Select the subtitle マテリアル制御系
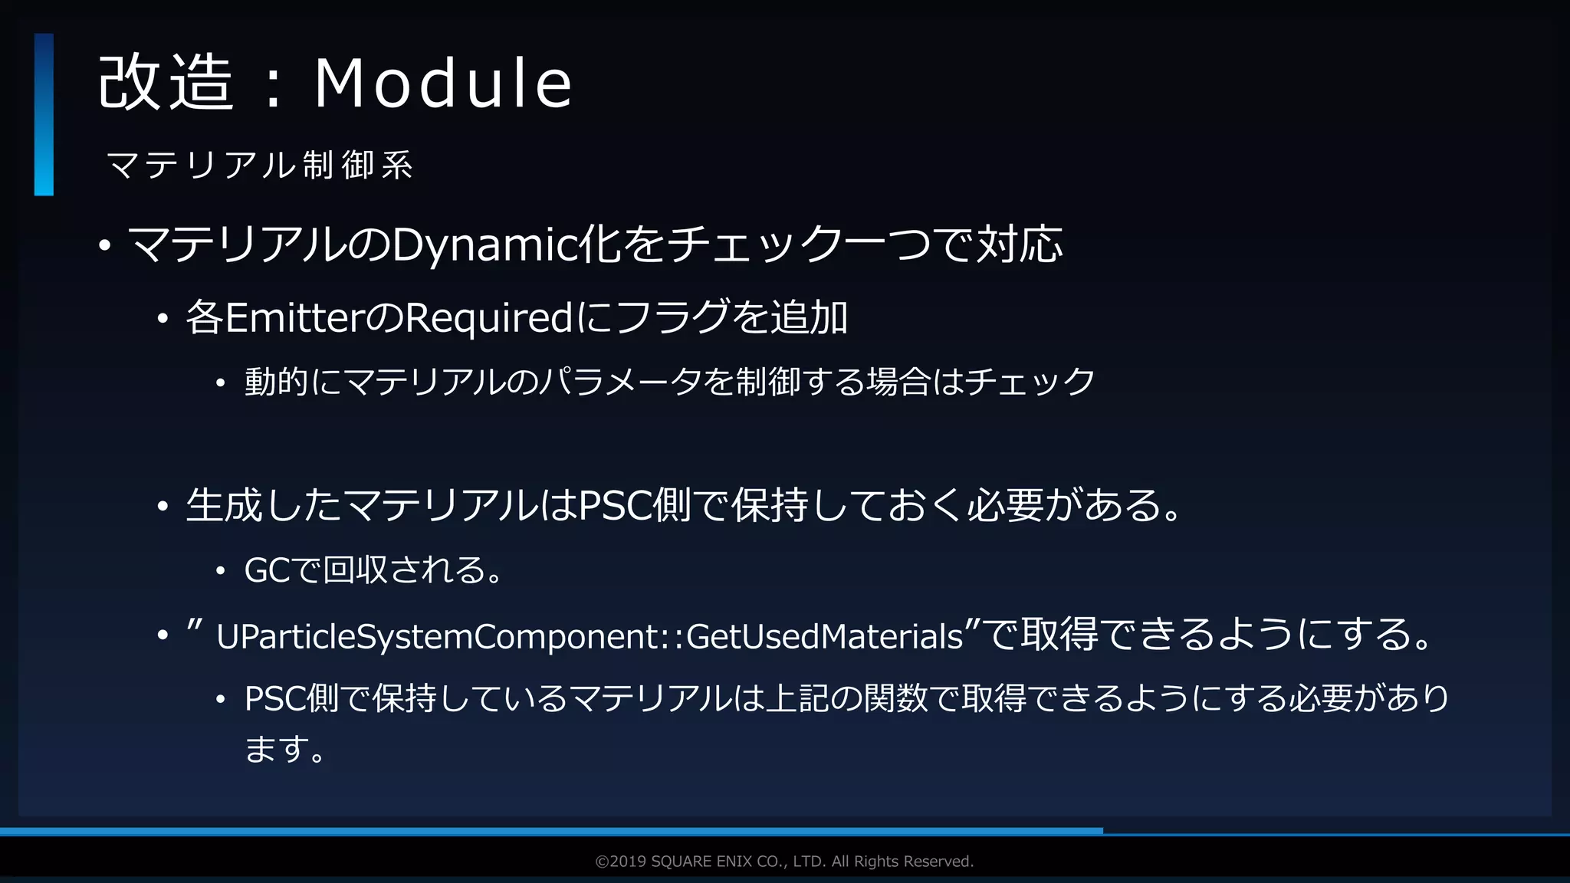(x=259, y=166)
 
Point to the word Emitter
(x=295, y=317)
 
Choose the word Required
(x=488, y=317)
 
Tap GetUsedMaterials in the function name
(x=823, y=637)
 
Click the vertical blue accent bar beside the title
(x=44, y=114)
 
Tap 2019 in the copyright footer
(x=628, y=862)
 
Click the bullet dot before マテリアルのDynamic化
(x=105, y=246)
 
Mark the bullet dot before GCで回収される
(x=221, y=571)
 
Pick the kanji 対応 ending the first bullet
(x=1019, y=245)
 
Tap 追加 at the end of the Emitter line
(x=809, y=317)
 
